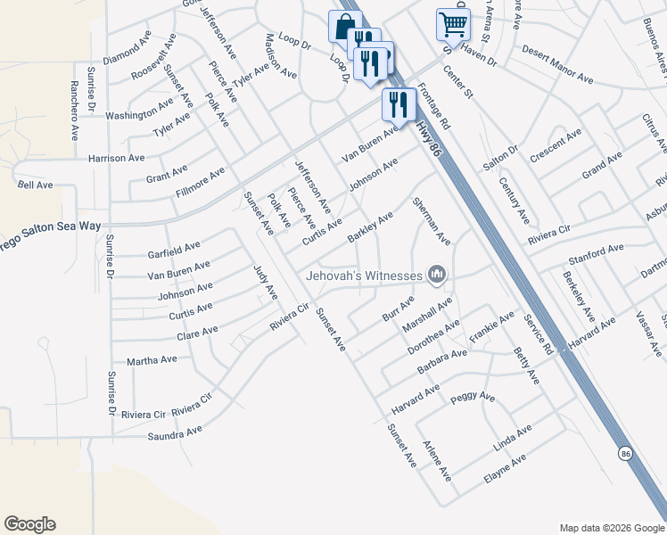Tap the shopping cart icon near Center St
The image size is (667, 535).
[453, 23]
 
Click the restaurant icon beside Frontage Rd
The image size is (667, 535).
[398, 103]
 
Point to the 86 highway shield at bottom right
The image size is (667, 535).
[625, 452]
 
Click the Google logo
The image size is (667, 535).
[29, 524]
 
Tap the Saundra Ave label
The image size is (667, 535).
[175, 432]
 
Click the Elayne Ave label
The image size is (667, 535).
[505, 468]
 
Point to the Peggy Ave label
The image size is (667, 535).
[473, 397]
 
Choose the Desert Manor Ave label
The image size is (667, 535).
[557, 78]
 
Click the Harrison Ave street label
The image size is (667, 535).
[116, 158]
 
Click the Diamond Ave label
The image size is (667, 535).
[128, 52]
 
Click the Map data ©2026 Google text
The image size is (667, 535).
[611, 527]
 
